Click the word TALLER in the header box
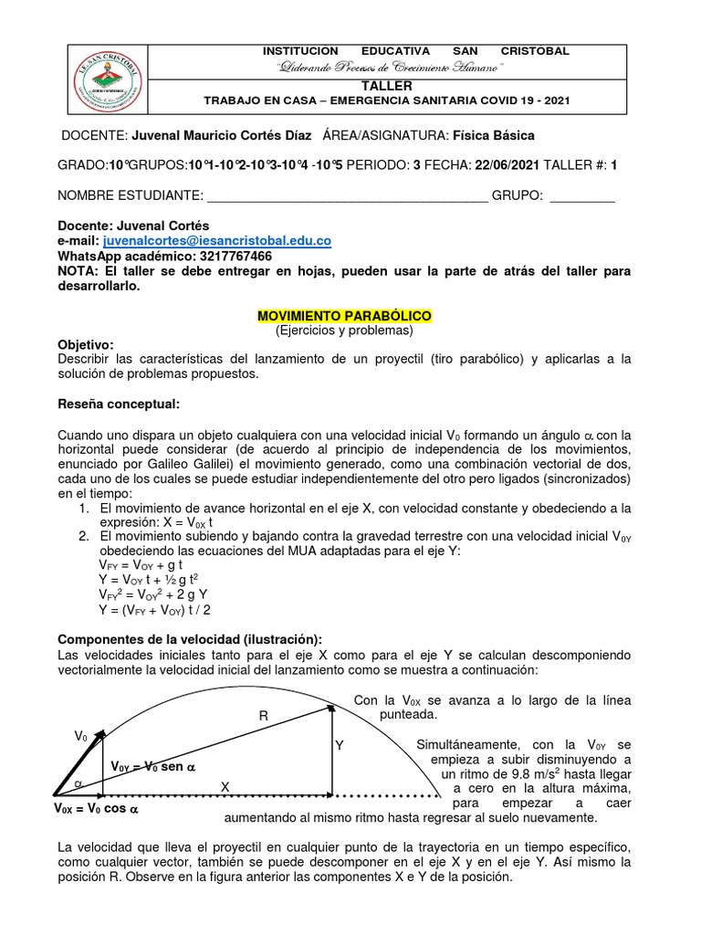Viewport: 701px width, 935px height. pyautogui.click(x=415, y=85)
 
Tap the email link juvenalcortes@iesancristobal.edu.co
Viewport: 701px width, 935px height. pyautogui.click(x=217, y=240)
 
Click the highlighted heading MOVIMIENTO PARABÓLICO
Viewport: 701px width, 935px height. pyautogui.click(x=344, y=315)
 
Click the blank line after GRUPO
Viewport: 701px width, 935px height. pyautogui.click(x=582, y=195)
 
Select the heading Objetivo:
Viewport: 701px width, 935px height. pyautogui.click(x=86, y=344)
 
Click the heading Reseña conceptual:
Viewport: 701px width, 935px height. pyautogui.click(x=119, y=404)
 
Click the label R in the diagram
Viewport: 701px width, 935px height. pyautogui.click(x=263, y=718)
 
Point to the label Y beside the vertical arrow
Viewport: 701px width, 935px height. pyautogui.click(x=340, y=746)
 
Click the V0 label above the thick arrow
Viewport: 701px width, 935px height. pyautogui.click(x=80, y=736)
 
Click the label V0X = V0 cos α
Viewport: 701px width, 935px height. pyautogui.click(x=96, y=808)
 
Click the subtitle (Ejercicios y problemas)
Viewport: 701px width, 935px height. pyautogui.click(x=344, y=330)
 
